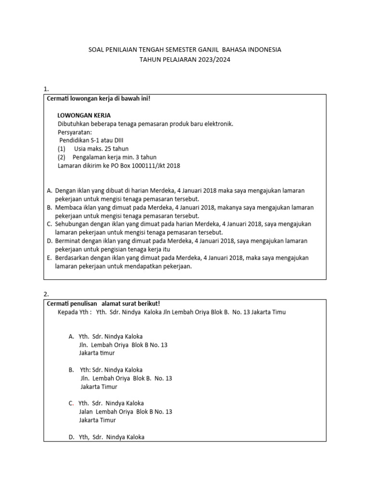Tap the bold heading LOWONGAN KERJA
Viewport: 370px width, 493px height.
[84, 116]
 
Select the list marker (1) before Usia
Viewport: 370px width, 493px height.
[62, 149]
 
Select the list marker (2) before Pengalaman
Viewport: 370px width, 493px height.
[62, 157]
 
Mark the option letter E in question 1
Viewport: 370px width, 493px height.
[49, 258]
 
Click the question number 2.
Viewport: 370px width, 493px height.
[46, 294]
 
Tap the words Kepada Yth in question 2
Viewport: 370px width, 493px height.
[73, 312]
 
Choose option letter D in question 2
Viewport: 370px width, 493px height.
[71, 437]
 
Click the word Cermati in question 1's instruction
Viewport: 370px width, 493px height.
[57, 99]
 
